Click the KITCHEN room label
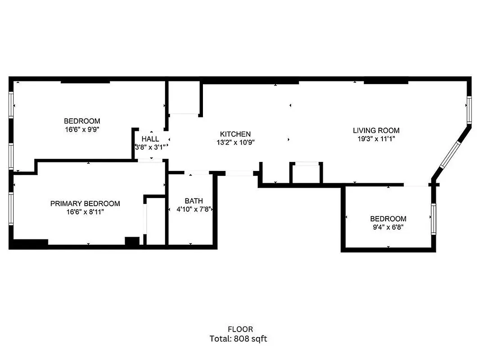[235, 134]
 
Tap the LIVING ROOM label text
[376, 130]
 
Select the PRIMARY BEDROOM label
[85, 203]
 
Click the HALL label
[150, 139]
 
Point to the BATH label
[193, 201]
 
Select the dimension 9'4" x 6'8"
[388, 227]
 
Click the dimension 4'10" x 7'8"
[193, 209]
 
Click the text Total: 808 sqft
[240, 338]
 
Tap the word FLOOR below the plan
[240, 329]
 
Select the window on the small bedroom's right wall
[433, 218]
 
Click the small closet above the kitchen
[184, 98]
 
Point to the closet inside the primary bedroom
[155, 220]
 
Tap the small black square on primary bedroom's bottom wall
[131, 241]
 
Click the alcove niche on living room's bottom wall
[306, 173]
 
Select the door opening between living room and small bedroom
[416, 185]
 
